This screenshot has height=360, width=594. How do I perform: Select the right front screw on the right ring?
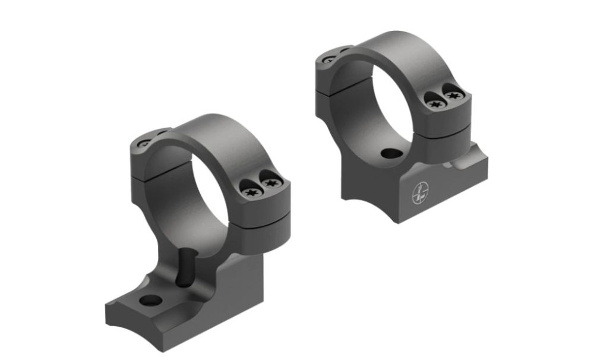[x=453, y=95]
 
